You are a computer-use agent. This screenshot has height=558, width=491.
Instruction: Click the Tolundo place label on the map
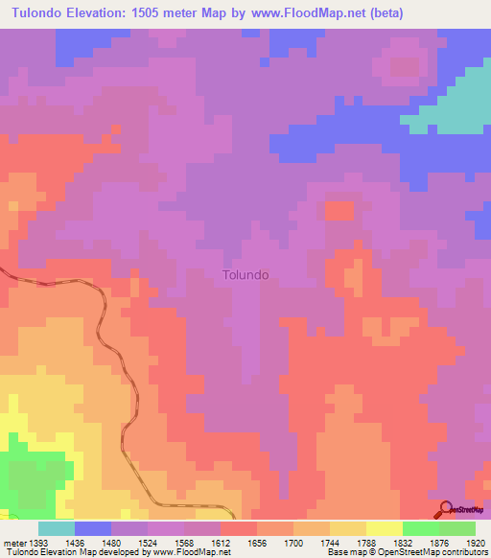pyautogui.click(x=245, y=274)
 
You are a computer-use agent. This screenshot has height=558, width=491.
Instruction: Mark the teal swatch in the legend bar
pyautogui.click(x=56, y=528)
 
